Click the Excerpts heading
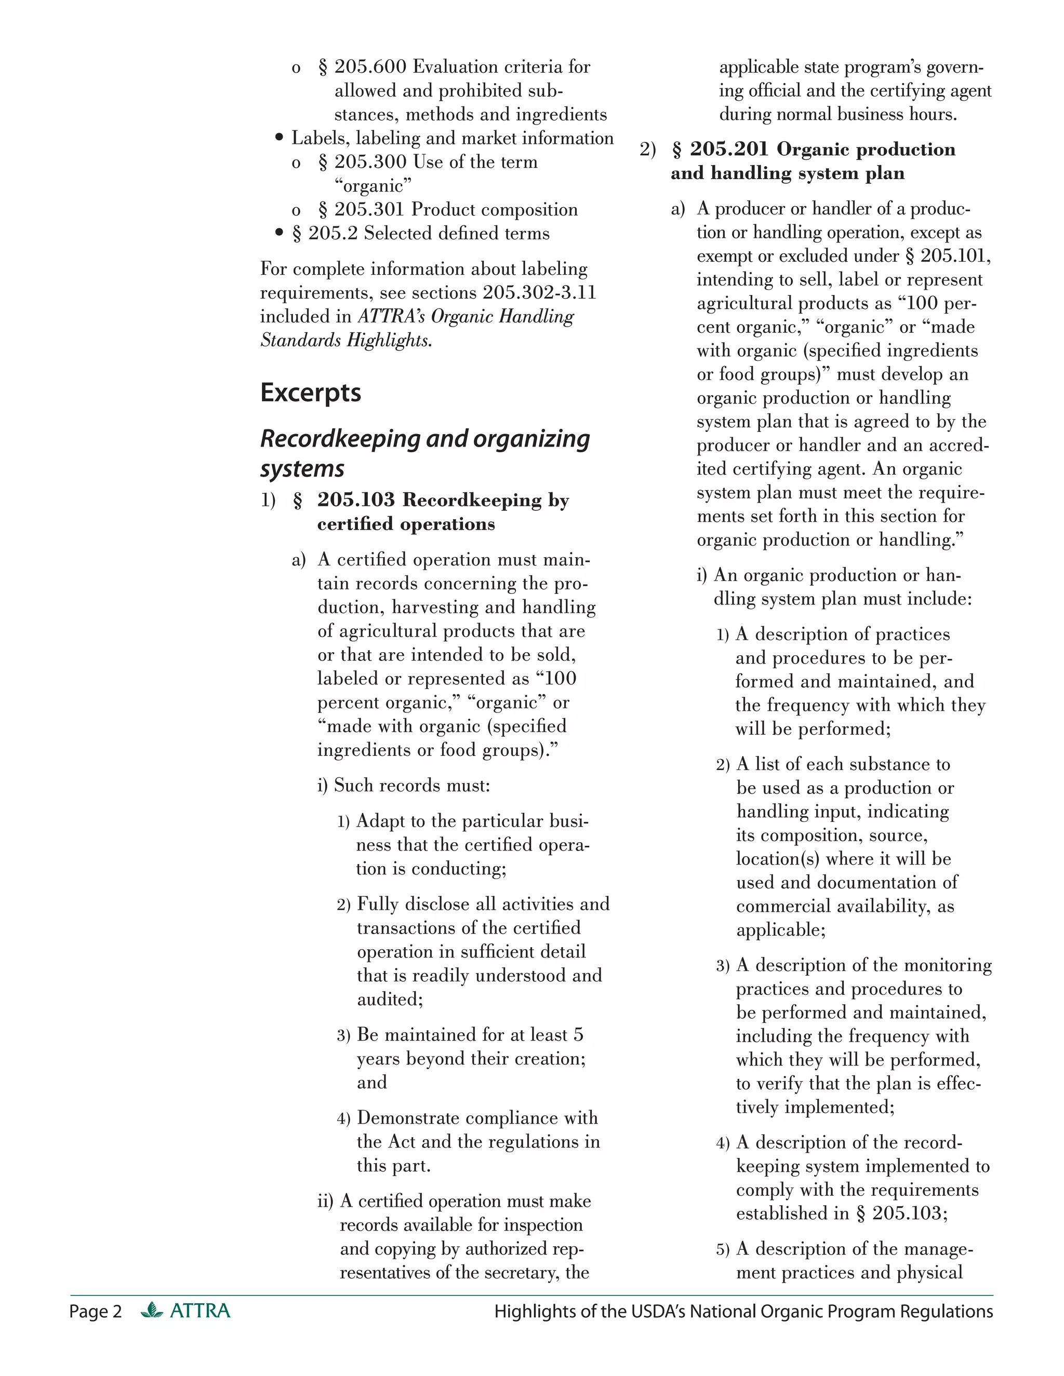pos(310,393)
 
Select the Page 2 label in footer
pos(95,1311)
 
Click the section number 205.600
pos(370,67)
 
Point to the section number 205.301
pos(370,210)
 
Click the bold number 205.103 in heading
pos(355,500)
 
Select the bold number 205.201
pos(729,150)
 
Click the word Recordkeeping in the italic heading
pos(340,439)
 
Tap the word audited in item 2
pos(389,999)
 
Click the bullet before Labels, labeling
pos(280,139)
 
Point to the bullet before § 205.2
pos(280,234)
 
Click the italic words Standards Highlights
pos(345,341)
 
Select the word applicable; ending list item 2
pos(780,930)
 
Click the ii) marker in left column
pos(325,1202)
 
